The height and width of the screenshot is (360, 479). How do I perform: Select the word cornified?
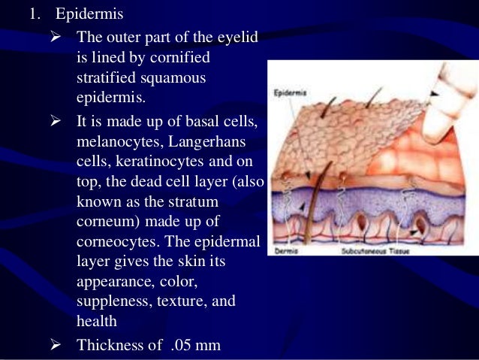(x=176, y=58)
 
